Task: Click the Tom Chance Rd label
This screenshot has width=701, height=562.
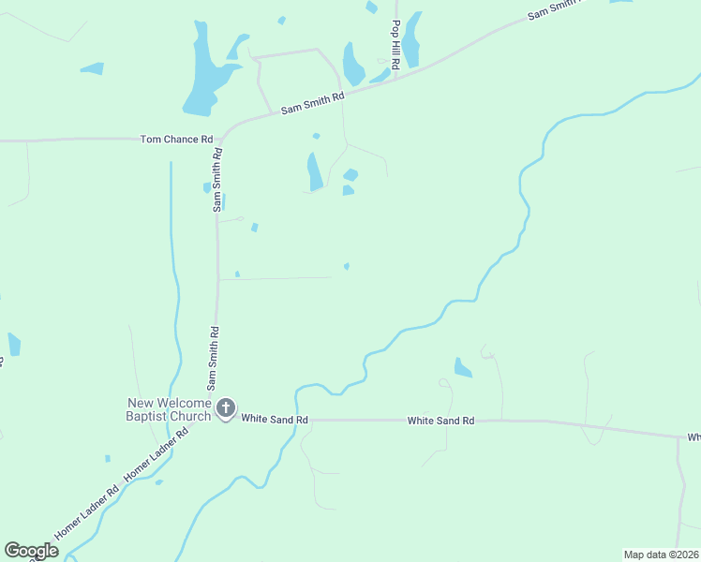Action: [176, 140]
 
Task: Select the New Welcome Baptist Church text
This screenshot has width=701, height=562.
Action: [171, 409]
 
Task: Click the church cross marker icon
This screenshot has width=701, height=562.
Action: [226, 407]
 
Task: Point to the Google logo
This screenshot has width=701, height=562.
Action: [31, 551]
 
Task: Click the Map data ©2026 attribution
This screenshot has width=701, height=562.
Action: [660, 554]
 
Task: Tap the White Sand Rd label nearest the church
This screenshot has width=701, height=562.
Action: [275, 420]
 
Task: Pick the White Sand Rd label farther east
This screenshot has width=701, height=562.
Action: [440, 421]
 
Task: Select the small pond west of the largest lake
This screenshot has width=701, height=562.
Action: [92, 68]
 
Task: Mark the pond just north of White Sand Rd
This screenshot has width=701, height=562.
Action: [462, 367]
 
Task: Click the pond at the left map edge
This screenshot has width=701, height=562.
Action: [14, 344]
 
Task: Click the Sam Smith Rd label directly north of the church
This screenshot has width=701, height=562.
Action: [214, 358]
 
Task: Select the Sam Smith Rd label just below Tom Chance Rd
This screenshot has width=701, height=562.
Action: [216, 180]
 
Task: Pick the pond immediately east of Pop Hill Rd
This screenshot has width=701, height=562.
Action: [412, 39]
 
